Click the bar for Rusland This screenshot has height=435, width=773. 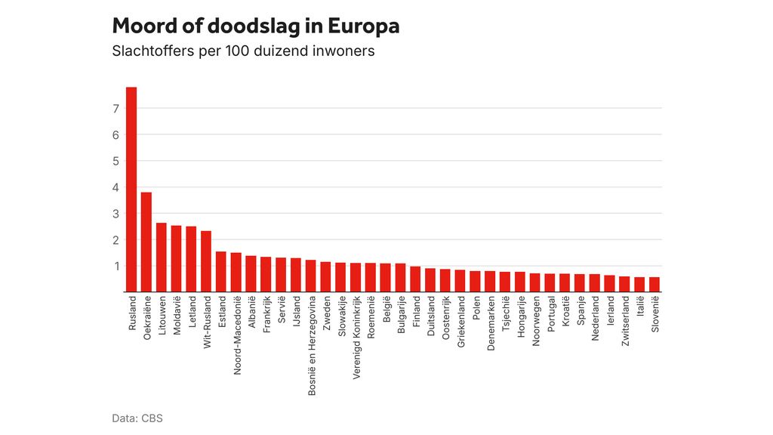pyautogui.click(x=131, y=190)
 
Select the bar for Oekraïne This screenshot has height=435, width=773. pyautogui.click(x=146, y=242)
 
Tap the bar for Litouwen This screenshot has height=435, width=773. pyautogui.click(x=161, y=257)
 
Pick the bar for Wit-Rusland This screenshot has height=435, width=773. pyautogui.click(x=206, y=261)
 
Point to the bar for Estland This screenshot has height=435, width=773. pyautogui.click(x=221, y=271)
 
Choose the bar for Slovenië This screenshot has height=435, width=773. pyautogui.click(x=654, y=284)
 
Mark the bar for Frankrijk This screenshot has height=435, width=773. pyautogui.click(x=266, y=274)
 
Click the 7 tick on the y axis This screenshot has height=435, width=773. pyautogui.click(x=116, y=109)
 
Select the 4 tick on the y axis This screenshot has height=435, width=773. pyautogui.click(x=116, y=187)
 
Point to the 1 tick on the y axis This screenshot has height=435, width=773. pyautogui.click(x=116, y=266)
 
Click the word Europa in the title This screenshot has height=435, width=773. pyautogui.click(x=363, y=26)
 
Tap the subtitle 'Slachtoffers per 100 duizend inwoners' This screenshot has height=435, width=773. pyautogui.click(x=243, y=52)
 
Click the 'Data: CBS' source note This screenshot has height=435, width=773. pyautogui.click(x=137, y=418)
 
